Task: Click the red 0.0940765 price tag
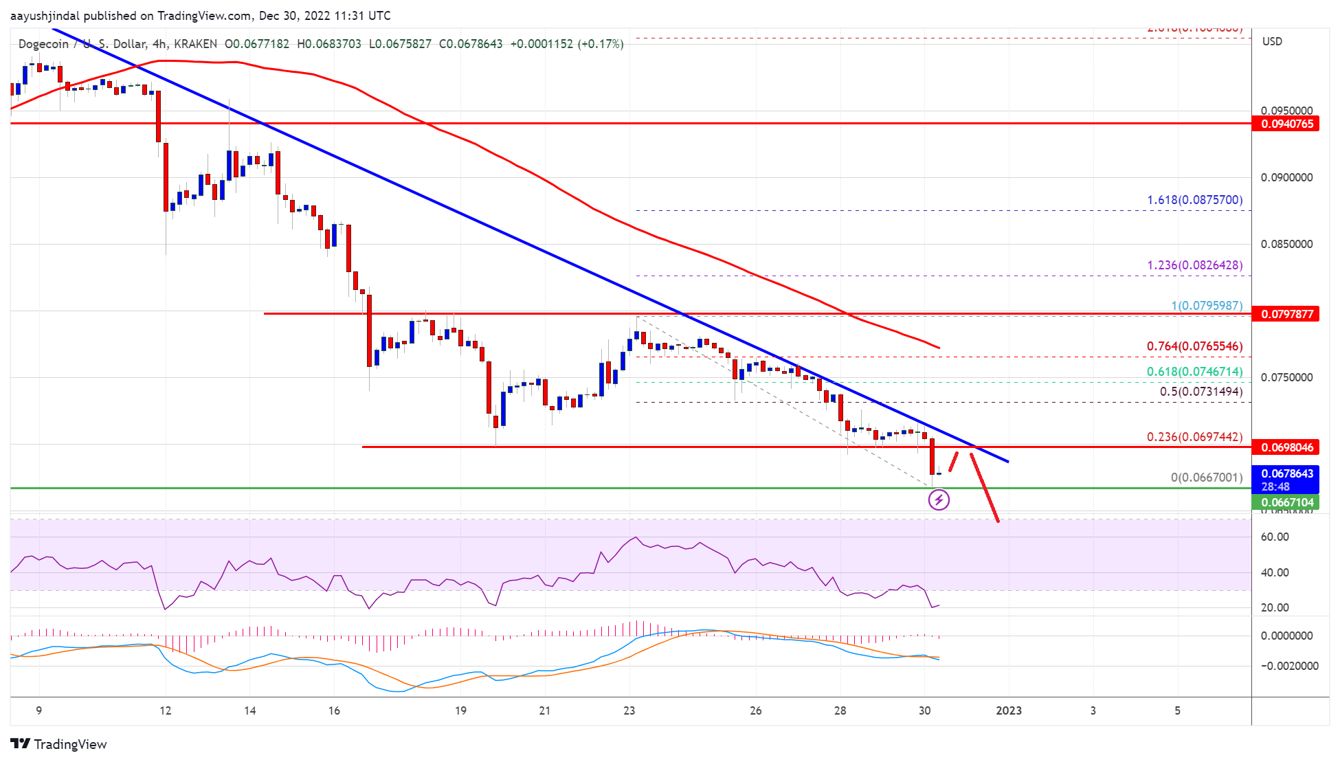(x=1286, y=124)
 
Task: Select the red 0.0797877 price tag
(x=1286, y=314)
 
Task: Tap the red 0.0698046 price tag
(x=1286, y=447)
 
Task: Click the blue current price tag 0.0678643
(x=1286, y=473)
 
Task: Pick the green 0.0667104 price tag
(x=1286, y=502)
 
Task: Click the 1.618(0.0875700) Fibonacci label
(x=1194, y=200)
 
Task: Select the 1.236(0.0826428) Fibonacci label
(x=1194, y=265)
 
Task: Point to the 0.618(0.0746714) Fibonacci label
(x=1194, y=372)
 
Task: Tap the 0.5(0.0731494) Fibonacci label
(x=1201, y=392)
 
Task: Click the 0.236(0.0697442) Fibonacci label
(x=1194, y=437)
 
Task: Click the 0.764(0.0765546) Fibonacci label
(x=1194, y=346)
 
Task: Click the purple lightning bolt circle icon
(x=939, y=500)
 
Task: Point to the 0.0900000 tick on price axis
(x=1286, y=177)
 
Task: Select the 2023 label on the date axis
(x=1008, y=710)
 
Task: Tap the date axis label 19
(x=460, y=710)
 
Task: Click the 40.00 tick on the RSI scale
(x=1275, y=572)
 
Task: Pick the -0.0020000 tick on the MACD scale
(x=1289, y=666)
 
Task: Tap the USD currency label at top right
(x=1272, y=41)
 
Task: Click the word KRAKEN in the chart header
(x=195, y=44)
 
